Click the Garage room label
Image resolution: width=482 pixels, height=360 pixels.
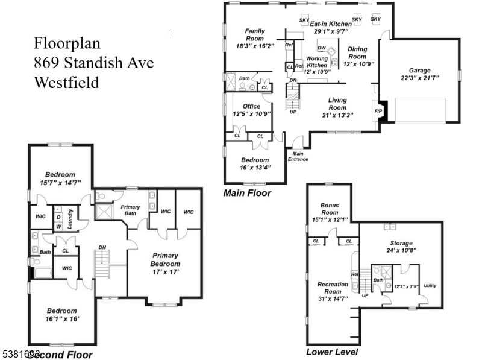(x=419, y=70)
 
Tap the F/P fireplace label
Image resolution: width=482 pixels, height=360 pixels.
(x=378, y=112)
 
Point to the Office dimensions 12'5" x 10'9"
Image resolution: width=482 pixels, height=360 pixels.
(x=251, y=113)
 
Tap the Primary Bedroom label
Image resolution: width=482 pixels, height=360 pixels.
(x=165, y=259)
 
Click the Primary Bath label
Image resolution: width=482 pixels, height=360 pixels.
(x=131, y=209)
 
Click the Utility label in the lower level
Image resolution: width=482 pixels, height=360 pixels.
(x=430, y=285)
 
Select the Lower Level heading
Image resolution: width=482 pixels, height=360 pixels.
(x=332, y=352)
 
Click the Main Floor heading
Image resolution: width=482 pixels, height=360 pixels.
(x=247, y=193)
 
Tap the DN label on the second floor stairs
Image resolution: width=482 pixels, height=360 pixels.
(x=102, y=247)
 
